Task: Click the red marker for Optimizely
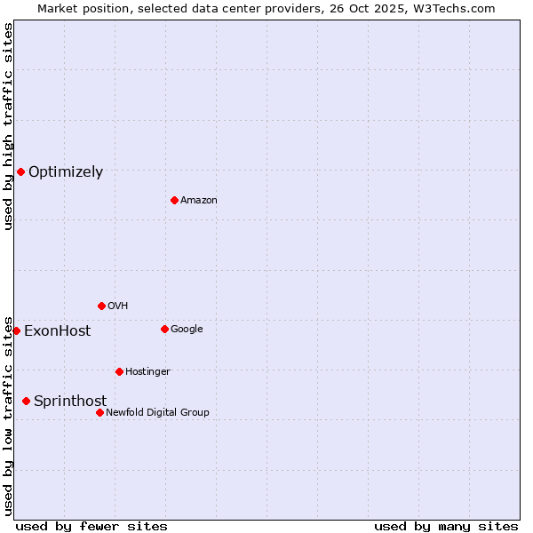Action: coord(20,171)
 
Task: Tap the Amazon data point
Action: coord(174,200)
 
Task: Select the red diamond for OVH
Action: coord(101,306)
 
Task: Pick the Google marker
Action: coord(164,329)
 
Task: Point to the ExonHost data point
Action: coord(16,330)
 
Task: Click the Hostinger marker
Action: coord(119,371)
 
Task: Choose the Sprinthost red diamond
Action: coord(26,401)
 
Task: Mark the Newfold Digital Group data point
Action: coord(99,412)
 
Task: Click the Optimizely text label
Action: coord(66,172)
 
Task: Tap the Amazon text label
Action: coord(198,200)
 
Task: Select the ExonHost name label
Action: coord(57,331)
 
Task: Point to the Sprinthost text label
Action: coord(70,402)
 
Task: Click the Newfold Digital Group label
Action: coord(157,412)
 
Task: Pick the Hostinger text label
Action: coord(147,371)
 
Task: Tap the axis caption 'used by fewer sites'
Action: coord(91,526)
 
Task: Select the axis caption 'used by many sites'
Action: coord(446,526)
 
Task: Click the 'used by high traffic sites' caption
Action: coord(9,126)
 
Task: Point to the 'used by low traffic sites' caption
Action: coord(9,415)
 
